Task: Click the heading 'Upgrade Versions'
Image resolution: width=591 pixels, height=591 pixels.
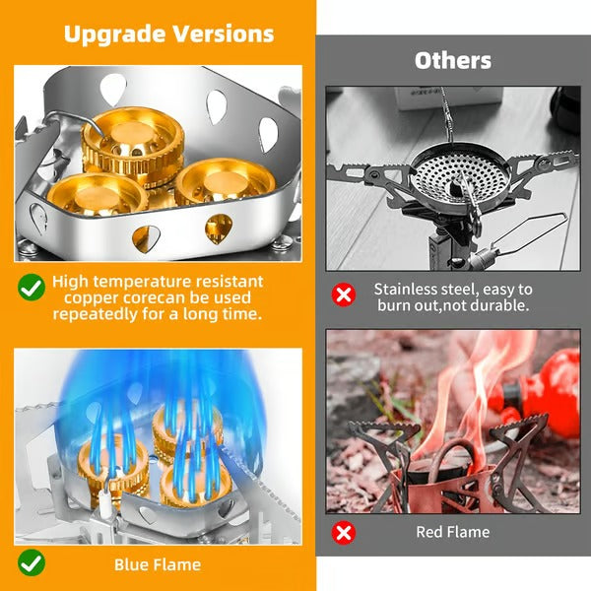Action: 168,33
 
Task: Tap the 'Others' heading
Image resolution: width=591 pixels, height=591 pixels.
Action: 452,61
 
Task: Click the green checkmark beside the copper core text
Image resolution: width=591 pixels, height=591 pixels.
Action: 32,288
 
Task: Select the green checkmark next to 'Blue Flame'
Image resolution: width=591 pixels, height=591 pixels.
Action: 32,563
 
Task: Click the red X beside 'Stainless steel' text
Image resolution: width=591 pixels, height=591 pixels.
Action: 343,295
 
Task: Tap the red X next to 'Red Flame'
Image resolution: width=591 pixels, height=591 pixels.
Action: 343,533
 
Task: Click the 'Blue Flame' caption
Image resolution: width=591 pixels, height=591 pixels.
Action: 158,564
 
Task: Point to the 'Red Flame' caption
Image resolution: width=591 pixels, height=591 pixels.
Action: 452,532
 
